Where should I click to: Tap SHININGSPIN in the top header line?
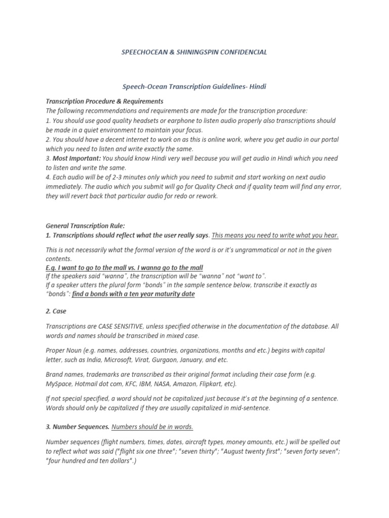[181, 52]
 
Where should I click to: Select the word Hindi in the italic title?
[257, 87]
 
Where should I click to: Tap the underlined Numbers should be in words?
[152, 426]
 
